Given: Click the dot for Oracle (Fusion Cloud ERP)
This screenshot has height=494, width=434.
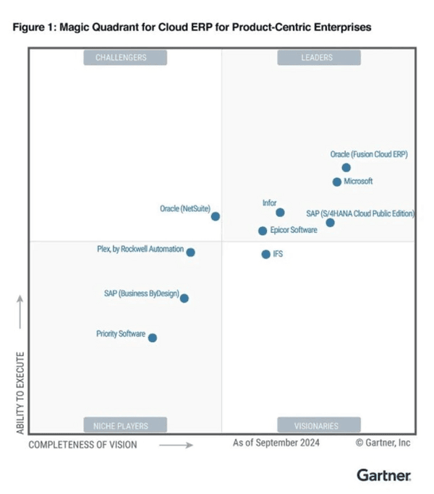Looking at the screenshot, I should [346, 168].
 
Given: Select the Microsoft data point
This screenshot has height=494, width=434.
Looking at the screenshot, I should [337, 182].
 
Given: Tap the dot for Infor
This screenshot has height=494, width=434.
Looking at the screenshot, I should [280, 213].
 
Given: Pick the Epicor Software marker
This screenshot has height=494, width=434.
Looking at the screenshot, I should [263, 231].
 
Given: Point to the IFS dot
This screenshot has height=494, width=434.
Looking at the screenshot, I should [265, 254].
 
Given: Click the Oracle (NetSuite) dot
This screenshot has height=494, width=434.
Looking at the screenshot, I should [216, 216].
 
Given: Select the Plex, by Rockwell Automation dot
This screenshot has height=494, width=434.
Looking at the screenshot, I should [190, 252].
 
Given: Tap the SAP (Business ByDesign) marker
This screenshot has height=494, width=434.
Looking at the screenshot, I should [184, 298].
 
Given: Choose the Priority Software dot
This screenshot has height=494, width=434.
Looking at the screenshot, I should [152, 337].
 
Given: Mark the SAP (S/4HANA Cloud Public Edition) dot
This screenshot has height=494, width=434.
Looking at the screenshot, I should [331, 223].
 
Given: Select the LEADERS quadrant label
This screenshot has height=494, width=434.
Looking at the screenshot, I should [317, 58].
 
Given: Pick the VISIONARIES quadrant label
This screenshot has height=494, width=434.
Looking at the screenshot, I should [317, 425].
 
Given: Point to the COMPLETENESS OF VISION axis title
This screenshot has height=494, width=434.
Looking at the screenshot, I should [82, 444].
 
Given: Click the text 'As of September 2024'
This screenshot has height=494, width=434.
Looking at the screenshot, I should [276, 443].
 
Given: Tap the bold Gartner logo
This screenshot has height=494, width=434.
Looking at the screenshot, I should [384, 475].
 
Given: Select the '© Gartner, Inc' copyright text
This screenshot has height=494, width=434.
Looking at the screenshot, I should [383, 443].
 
